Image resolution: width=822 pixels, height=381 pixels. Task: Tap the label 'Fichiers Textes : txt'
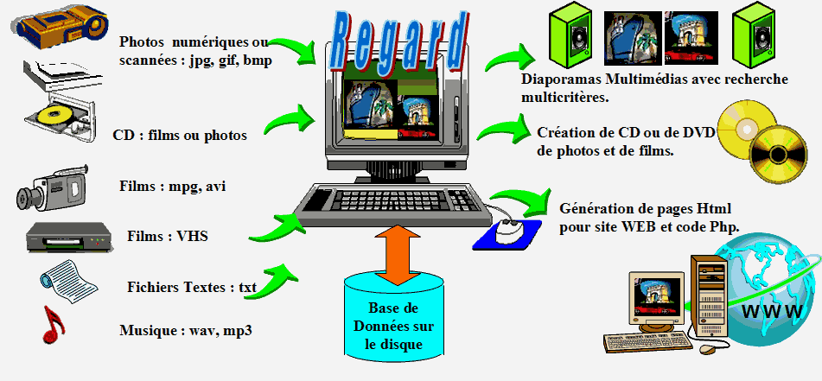(192, 288)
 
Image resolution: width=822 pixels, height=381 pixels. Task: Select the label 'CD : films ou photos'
(180, 136)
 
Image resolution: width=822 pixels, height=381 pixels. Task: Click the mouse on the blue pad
(508, 230)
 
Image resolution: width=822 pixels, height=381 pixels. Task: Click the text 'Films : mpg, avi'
(179, 186)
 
